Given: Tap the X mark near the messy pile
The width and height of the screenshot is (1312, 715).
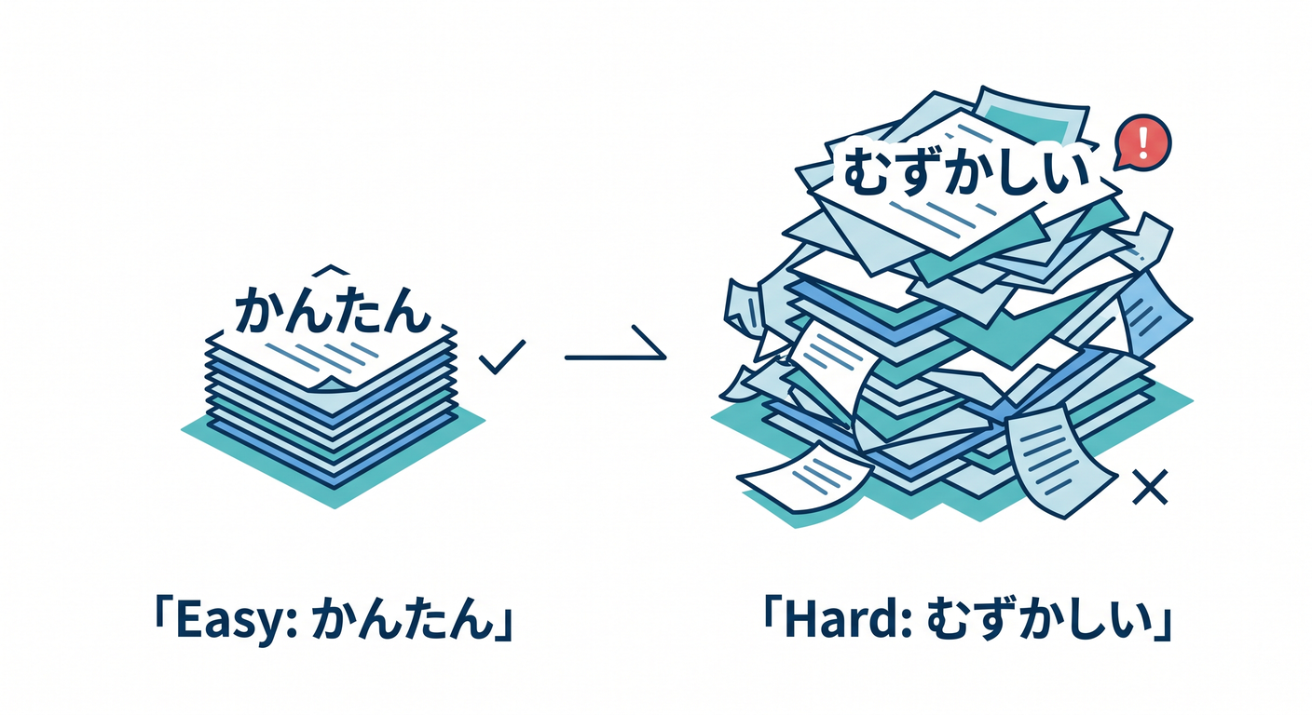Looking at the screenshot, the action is coord(1151,487).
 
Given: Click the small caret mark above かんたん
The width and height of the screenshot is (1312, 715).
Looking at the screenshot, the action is coord(332,269).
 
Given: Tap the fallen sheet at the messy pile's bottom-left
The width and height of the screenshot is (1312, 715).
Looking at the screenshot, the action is coord(805,478).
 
